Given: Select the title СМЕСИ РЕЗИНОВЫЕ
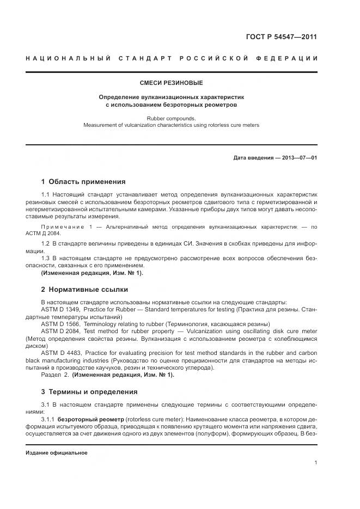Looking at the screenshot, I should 172,83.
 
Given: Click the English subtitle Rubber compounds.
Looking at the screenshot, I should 172,118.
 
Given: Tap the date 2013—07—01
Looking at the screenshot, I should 298,158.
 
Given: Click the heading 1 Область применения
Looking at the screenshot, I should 83,181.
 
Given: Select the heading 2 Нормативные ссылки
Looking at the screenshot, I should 84,290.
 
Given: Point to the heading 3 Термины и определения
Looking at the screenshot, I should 89,391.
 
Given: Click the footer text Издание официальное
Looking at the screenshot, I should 57,453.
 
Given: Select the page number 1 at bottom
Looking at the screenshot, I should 316,463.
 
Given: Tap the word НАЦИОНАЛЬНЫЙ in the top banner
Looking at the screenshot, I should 69,58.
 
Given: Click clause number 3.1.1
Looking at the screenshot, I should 49,421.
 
